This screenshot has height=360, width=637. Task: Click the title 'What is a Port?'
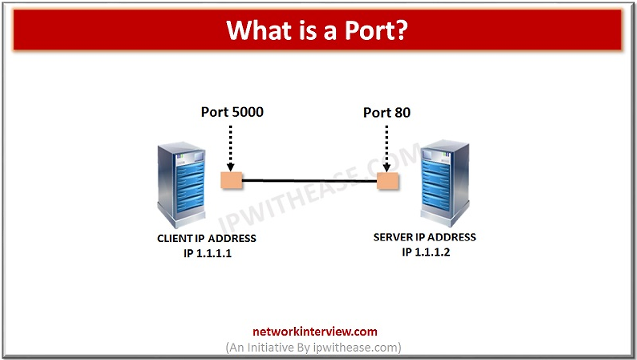pos(318,30)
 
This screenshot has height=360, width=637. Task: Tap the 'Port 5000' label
pos(232,112)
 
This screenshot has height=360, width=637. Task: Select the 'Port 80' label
pos(387,113)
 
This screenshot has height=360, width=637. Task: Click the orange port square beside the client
pos(231,180)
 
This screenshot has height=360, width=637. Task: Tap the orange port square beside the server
pos(388,181)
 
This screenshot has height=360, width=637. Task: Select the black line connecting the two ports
pos(310,181)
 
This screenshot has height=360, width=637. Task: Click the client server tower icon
pos(181,184)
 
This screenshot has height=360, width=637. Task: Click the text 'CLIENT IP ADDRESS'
pos(207,239)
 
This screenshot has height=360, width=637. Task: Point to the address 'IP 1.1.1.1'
pos(207,253)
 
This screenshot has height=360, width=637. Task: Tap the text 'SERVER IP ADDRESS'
pos(425,237)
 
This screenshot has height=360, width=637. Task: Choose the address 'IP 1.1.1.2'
pos(425,252)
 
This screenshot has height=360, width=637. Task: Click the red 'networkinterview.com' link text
pos(315,332)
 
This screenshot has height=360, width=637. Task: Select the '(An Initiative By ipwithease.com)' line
pos(314,347)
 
